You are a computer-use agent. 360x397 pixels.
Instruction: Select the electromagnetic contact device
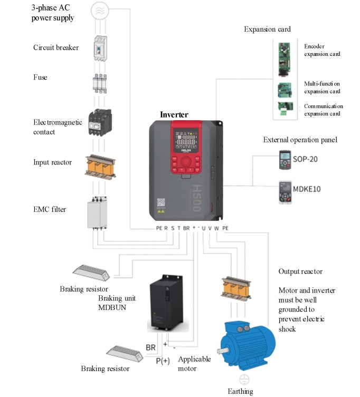click(x=101, y=123)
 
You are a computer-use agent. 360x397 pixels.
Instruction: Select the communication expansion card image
click(x=285, y=110)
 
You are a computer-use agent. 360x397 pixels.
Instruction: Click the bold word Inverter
click(x=174, y=114)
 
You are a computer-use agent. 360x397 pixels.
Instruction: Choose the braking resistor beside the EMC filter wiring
click(x=92, y=273)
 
